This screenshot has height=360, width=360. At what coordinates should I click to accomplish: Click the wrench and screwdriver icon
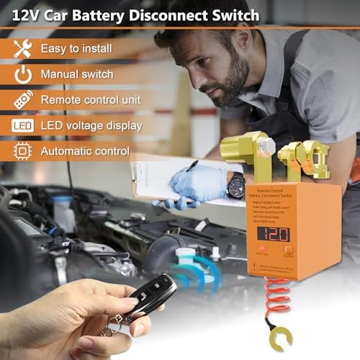23,48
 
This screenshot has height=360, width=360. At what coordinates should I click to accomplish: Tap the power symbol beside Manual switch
23,74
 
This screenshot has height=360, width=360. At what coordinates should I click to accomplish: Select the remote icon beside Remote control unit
23,100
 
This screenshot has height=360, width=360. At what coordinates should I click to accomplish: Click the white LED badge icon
23,126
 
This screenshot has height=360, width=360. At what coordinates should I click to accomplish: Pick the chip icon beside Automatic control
23,151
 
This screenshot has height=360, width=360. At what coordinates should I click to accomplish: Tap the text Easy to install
76,48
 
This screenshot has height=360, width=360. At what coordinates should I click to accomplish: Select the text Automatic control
85,151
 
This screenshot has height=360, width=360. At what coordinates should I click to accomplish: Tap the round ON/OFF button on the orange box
309,243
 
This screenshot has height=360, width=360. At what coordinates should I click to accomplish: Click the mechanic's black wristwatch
235,185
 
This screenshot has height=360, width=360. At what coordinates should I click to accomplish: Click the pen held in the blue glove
192,166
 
